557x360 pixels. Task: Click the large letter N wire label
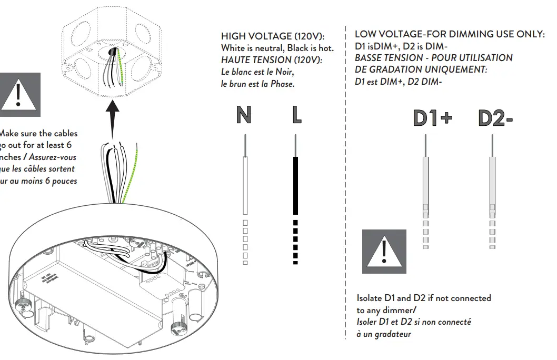tap(243, 115)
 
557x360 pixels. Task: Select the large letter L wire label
tap(296, 115)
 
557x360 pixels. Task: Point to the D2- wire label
tap(495, 118)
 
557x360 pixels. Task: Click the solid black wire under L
tap(296, 184)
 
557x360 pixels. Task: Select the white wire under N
tap(245, 184)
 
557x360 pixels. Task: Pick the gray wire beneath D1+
tap(425, 184)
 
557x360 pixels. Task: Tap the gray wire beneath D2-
tap(492, 184)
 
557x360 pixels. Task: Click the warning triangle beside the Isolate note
tap(384, 252)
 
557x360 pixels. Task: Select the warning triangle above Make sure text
tap(19, 95)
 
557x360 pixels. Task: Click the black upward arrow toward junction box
tap(111, 121)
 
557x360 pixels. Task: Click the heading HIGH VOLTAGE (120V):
tap(273, 36)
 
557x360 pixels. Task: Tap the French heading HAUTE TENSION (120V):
tap(272, 60)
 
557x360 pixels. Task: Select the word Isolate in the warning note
tap(370, 298)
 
